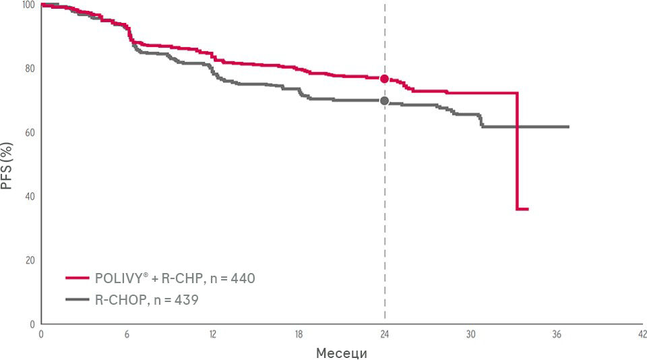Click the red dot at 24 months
(384, 79)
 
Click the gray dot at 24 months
(384, 101)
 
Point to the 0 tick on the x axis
(41, 334)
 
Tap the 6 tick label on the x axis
(127, 334)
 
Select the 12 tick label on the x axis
(212, 334)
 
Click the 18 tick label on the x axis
(299, 334)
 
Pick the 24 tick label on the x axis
(384, 334)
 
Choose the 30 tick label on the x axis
(470, 334)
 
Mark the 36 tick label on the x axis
(557, 334)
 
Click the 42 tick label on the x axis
(642, 334)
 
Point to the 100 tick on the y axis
(27, 5)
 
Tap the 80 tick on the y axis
(29, 68)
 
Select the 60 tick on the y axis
(29, 132)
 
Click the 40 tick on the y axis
(29, 196)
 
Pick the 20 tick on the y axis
(29, 260)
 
